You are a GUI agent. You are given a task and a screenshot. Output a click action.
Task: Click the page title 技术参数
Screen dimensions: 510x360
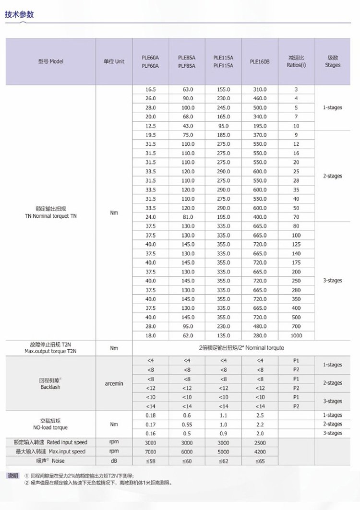click(19, 14)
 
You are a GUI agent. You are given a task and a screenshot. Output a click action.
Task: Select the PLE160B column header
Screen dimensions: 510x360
click(260, 61)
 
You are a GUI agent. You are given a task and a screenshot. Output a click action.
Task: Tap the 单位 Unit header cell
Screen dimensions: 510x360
click(114, 61)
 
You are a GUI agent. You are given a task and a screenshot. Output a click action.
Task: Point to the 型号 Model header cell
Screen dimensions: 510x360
click(51, 61)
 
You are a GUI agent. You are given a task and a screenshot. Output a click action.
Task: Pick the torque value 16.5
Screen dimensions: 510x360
click(150, 89)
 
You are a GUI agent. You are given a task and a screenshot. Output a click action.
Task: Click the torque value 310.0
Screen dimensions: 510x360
click(260, 89)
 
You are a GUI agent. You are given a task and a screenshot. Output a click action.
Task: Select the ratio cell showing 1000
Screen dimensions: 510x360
click(296, 335)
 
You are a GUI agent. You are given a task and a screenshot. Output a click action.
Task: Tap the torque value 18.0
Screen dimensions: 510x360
click(150, 335)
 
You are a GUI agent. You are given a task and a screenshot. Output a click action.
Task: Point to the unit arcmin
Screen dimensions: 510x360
click(114, 383)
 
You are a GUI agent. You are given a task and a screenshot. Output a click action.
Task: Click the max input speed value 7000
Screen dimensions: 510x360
click(150, 451)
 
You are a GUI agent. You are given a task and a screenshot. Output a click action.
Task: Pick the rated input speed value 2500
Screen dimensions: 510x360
click(260, 442)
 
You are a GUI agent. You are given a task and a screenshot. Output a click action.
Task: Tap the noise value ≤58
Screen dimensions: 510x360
click(150, 461)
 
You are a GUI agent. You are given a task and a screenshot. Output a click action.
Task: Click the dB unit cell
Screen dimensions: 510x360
click(114, 461)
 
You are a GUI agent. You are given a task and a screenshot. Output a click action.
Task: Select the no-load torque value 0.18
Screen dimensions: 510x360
click(150, 415)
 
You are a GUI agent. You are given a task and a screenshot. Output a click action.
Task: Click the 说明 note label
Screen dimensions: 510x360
click(13, 475)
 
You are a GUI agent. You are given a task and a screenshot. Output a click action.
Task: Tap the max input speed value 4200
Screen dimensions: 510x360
click(260, 451)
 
